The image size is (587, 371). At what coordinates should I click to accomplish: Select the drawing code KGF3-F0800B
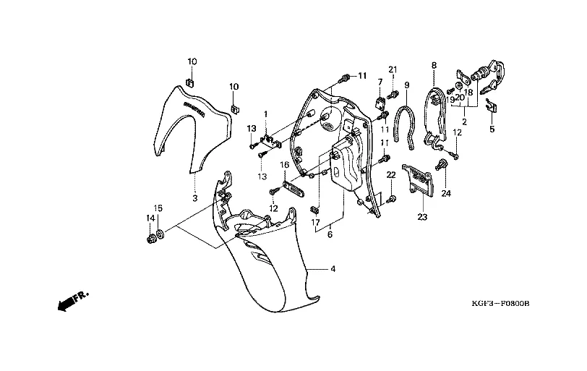point(499,304)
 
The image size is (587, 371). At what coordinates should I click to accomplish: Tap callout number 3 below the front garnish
point(194,197)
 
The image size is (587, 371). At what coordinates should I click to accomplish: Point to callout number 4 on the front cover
point(333,270)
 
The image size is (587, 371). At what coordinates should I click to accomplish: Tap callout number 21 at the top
point(393,69)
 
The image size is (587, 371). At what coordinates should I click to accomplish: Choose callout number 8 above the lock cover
point(434,66)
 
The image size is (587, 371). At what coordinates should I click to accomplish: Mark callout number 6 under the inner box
point(330,234)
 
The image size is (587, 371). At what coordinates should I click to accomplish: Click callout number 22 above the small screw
point(390,175)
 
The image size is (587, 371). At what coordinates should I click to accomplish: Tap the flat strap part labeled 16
point(291,187)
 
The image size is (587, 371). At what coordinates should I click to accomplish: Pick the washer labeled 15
point(160,234)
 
